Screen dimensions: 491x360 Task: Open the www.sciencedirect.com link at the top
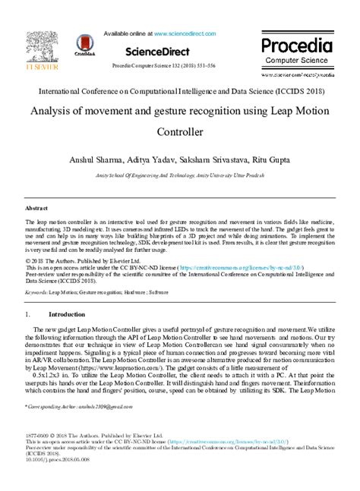point(187,34)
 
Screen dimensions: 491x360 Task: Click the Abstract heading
point(36,207)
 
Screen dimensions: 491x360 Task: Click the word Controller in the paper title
point(181,132)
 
